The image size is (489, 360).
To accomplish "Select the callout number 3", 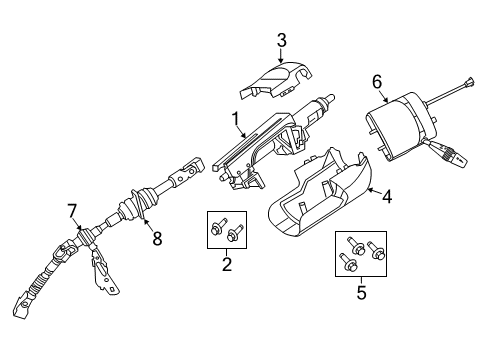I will click(x=282, y=40).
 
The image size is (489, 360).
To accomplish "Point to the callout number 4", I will click(x=386, y=197).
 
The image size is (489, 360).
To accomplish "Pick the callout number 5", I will click(x=361, y=294).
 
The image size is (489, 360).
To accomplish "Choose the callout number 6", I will click(x=377, y=80).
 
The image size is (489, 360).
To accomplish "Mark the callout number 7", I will click(x=72, y=209).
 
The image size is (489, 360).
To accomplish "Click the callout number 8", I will click(x=156, y=238).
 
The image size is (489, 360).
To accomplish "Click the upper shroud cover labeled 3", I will click(x=279, y=79).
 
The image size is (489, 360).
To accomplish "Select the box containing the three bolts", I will click(x=362, y=255).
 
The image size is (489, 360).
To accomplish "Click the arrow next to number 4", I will click(x=370, y=192).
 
